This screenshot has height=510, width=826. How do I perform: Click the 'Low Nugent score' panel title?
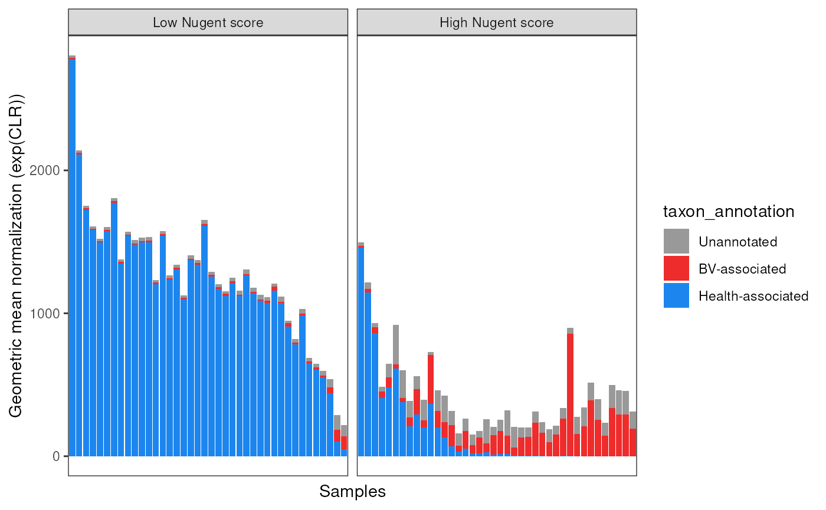tap(208, 23)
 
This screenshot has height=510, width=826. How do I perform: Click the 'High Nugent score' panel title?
tap(497, 23)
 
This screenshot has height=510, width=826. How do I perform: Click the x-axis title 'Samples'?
tap(352, 491)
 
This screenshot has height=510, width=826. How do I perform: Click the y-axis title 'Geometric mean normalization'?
tap(16, 255)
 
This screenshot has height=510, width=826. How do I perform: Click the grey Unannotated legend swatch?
tap(676, 242)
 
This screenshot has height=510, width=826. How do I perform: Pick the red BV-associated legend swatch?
tap(676, 269)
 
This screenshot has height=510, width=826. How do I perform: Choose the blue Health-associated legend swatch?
tap(676, 296)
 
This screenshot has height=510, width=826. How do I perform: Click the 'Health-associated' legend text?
tap(753, 296)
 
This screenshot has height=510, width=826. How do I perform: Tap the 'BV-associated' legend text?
tap(742, 269)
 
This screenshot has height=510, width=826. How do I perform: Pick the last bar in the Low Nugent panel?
tap(344, 442)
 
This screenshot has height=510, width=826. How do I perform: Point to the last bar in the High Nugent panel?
tap(633, 436)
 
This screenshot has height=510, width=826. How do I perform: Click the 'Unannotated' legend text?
tap(737, 242)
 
